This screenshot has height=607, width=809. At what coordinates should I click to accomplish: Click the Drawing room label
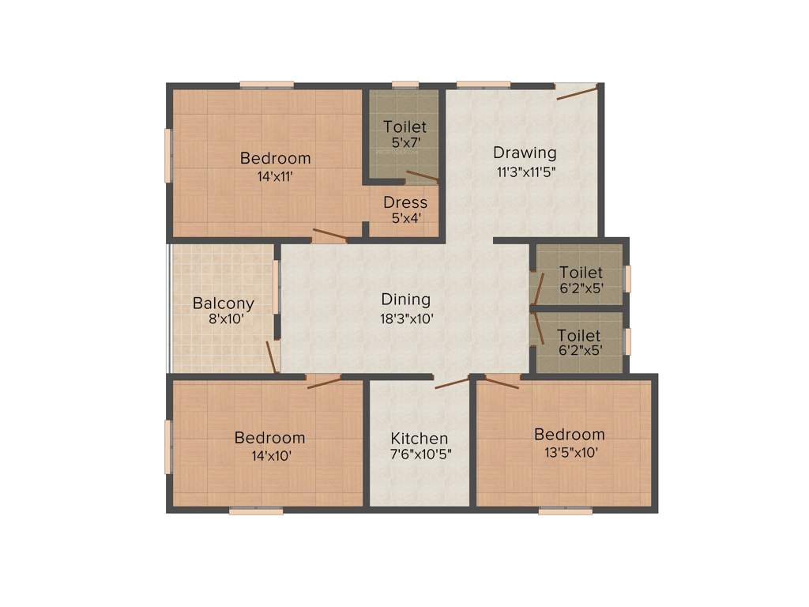[525, 153]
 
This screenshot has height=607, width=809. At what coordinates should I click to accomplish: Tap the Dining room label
[405, 300]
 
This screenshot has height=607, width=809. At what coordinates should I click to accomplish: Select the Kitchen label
[420, 439]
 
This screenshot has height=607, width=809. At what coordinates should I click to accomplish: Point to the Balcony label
[224, 303]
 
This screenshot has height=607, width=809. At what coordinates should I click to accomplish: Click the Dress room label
[404, 202]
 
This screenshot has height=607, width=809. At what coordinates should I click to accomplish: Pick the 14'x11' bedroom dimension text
[275, 176]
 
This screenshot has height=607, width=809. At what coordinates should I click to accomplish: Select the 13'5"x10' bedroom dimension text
[569, 453]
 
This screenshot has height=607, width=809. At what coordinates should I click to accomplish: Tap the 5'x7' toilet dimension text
[404, 143]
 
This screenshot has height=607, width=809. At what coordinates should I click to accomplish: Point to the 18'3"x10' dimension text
[405, 319]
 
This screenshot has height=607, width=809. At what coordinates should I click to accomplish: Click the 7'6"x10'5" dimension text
[420, 456]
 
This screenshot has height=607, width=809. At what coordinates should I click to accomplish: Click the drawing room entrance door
[577, 92]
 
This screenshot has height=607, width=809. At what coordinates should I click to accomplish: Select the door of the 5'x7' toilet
[422, 176]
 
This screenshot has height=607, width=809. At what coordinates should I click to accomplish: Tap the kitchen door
[451, 383]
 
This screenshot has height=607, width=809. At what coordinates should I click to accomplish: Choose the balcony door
[271, 356]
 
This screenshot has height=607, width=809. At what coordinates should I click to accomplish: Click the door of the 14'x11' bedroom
[329, 235]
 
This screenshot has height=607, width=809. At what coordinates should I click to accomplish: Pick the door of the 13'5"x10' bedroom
[502, 383]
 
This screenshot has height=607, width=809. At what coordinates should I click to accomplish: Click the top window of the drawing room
[483, 85]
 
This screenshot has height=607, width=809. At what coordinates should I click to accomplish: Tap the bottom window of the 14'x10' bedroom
[256, 511]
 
